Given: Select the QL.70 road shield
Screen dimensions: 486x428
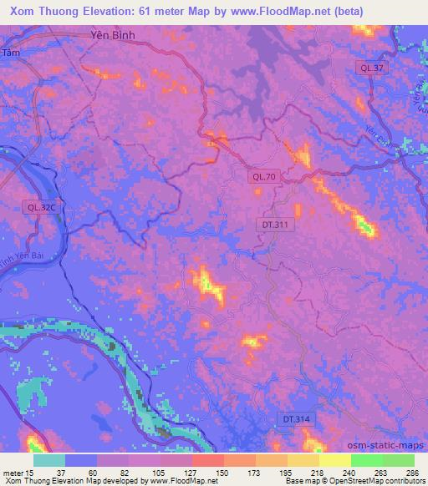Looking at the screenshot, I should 264,176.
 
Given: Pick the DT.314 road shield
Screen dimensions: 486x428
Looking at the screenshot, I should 292,418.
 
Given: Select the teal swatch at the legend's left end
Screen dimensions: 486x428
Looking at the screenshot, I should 49,459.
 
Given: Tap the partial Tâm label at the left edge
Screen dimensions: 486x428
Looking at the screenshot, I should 9,53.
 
